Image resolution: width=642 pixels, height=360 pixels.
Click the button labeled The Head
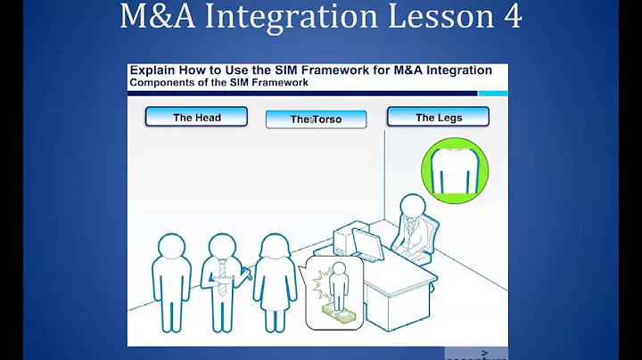(x=196, y=117)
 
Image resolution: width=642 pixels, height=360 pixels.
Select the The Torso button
(x=316, y=119)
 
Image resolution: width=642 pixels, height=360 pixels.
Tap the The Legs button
(x=438, y=117)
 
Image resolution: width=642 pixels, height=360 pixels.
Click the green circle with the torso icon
(x=454, y=168)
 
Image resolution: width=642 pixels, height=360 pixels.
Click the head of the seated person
(x=413, y=207)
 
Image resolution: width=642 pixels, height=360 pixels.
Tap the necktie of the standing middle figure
(x=220, y=273)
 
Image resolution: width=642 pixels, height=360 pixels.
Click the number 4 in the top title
(x=510, y=18)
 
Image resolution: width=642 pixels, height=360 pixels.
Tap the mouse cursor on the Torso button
(x=313, y=120)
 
